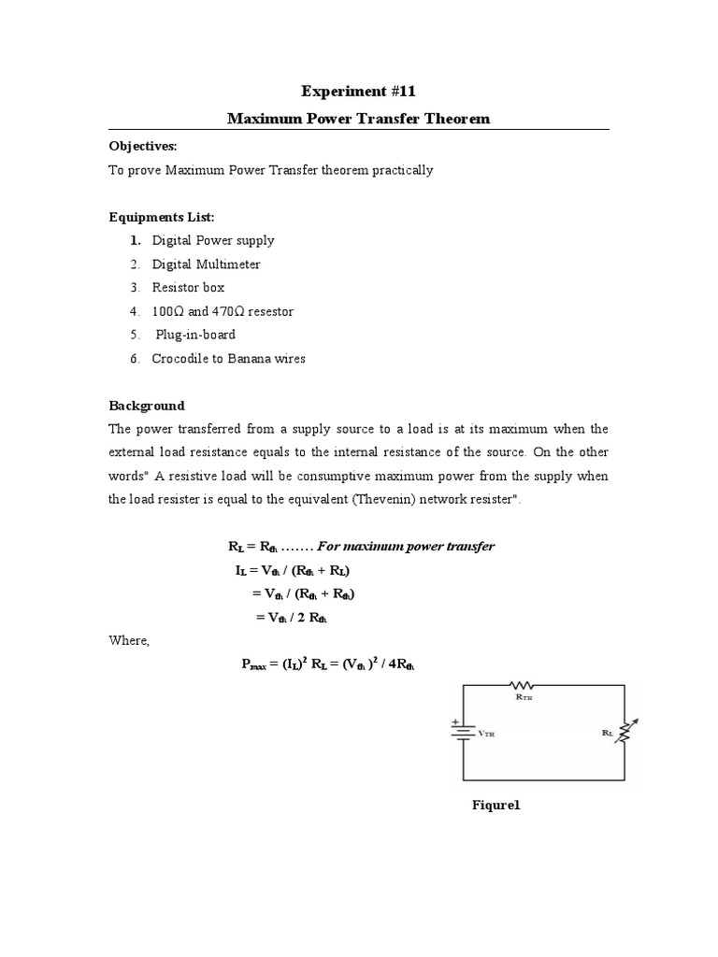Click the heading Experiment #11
(359, 91)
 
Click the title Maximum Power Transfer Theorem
(359, 120)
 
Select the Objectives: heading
(142, 147)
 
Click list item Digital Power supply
(213, 240)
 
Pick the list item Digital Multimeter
(207, 264)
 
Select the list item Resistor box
(189, 288)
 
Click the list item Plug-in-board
(195, 335)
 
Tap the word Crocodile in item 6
(179, 359)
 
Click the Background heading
(147, 406)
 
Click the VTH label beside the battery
(486, 735)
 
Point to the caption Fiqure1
(495, 807)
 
